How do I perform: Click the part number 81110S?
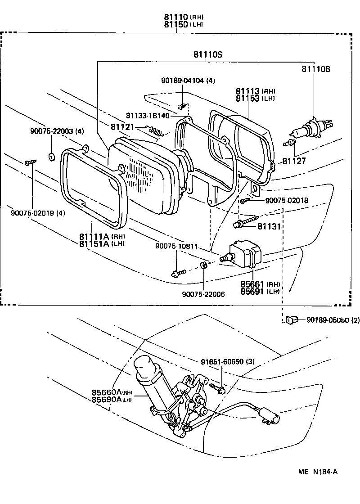tap(208, 54)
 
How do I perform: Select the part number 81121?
tap(122, 127)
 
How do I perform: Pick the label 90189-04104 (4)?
tap(188, 81)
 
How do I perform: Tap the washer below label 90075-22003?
tap(51, 156)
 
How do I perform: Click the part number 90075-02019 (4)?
tap(38, 213)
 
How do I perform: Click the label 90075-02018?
tap(287, 201)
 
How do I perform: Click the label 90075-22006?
tap(203, 294)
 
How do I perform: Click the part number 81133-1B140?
tap(148, 116)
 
